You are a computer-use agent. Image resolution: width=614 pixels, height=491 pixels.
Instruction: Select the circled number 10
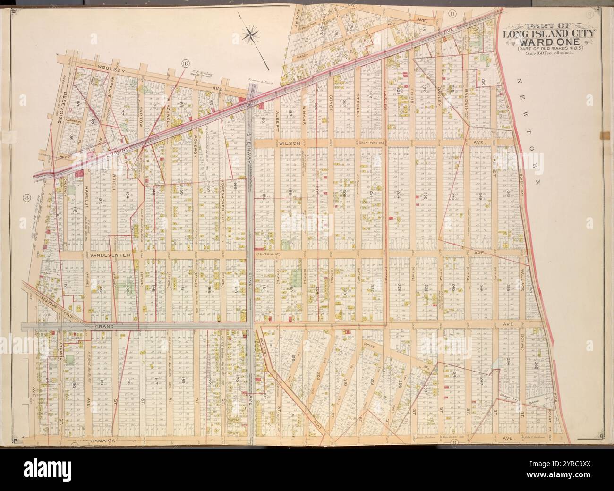(x=185, y=62)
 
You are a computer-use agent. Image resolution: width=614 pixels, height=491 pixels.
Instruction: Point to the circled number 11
(x=452, y=13)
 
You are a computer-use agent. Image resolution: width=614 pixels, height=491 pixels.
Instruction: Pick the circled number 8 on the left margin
(x=27, y=198)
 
